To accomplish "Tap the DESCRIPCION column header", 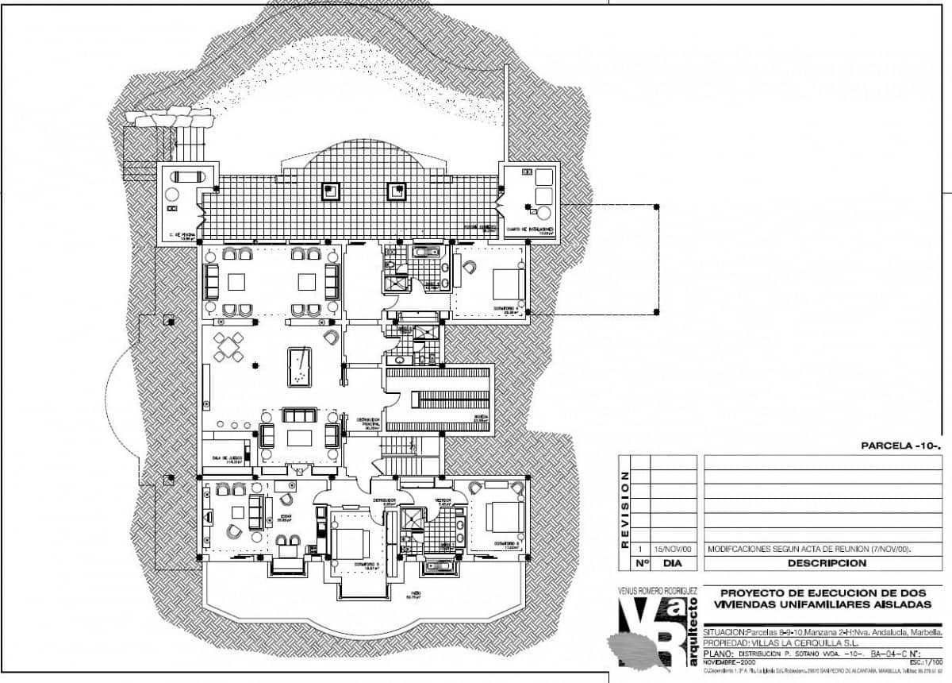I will [827, 563].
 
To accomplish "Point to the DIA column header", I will [673, 563].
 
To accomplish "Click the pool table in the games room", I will [299, 366].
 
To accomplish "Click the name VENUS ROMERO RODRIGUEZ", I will [657, 592].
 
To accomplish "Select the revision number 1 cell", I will [639, 549].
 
